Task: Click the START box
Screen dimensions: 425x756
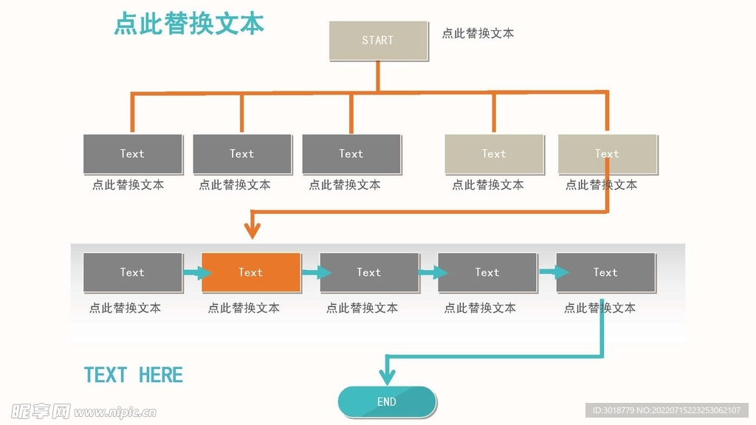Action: pos(378,41)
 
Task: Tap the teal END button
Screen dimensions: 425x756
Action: pos(387,402)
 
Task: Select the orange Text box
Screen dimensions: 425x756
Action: pos(251,272)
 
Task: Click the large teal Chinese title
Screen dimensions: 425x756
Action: pos(189,24)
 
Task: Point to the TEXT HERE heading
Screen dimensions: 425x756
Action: pos(134,375)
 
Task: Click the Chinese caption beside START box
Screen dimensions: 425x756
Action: pos(478,33)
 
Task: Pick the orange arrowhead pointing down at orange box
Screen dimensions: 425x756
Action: pos(252,232)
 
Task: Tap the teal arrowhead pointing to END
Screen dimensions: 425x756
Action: pos(387,377)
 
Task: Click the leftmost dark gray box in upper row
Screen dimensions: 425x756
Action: pos(133,153)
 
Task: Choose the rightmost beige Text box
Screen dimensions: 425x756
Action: pos(607,153)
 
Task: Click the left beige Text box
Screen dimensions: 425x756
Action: pos(494,153)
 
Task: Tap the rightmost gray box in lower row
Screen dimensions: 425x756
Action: pos(605,272)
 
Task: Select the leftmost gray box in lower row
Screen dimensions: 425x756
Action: pos(133,272)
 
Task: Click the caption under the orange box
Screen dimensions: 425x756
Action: pos(244,308)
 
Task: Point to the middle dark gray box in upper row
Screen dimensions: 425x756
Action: pos(242,153)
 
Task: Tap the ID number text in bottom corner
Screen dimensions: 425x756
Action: pos(667,410)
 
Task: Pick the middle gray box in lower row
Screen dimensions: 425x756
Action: pos(369,272)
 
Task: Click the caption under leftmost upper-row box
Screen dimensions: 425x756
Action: pos(128,185)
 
